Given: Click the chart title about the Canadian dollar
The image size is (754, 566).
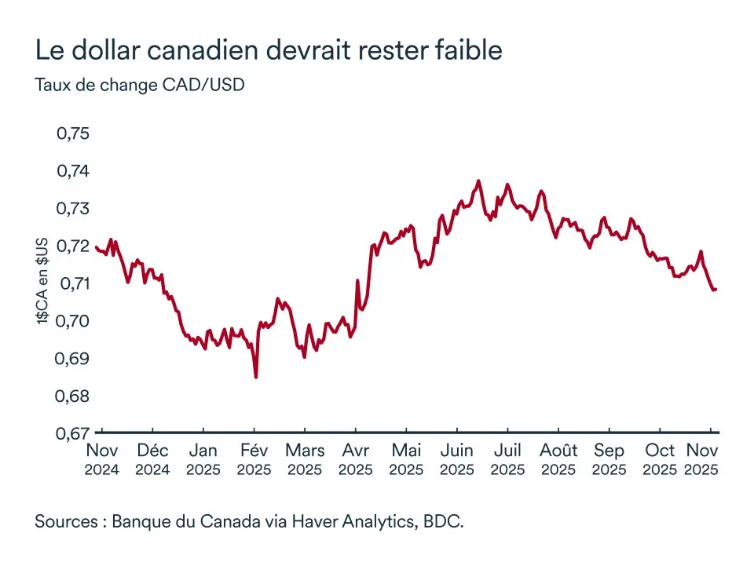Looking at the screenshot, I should (x=269, y=50).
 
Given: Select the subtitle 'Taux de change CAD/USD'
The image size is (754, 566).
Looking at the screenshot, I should (x=140, y=85).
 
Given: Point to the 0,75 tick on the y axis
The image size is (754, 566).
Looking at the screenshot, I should (x=73, y=133).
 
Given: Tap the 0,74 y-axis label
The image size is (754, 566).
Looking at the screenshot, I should (x=73, y=171).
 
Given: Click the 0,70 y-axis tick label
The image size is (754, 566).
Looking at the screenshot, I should (x=73, y=321).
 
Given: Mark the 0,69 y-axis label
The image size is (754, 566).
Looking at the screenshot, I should (x=73, y=359).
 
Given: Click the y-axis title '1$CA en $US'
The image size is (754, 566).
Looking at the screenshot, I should (x=43, y=280).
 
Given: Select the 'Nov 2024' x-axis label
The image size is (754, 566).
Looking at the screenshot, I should (x=102, y=460).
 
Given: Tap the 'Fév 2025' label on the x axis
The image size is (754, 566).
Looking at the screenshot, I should (x=254, y=460).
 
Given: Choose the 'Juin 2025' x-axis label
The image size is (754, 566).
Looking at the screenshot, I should (x=456, y=460).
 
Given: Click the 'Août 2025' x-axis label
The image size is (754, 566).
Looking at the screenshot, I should (x=558, y=460).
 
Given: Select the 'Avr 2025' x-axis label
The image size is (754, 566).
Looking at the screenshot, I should (x=355, y=460).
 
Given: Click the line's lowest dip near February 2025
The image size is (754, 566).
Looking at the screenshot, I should (x=256, y=377).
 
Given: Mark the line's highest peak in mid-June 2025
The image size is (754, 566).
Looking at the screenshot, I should (x=478, y=181).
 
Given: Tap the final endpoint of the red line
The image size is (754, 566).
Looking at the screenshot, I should (x=716, y=290).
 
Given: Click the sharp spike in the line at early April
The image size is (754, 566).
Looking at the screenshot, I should (x=357, y=280).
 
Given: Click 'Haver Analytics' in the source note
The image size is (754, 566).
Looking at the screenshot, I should (x=346, y=521).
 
